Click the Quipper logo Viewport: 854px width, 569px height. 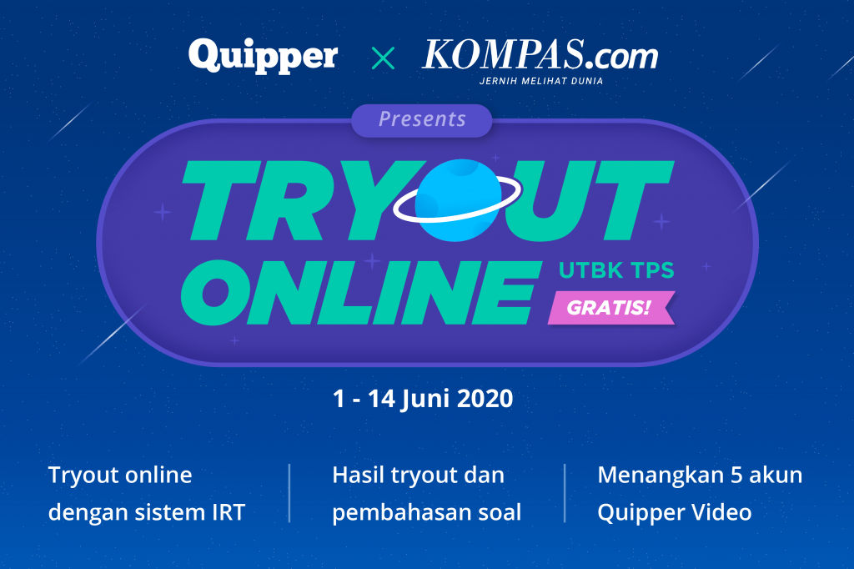pyautogui.click(x=263, y=56)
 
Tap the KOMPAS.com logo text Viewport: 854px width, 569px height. pyautogui.click(x=540, y=54)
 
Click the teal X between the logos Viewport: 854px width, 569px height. pyautogui.click(x=383, y=58)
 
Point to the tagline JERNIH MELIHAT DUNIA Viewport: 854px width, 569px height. pyautogui.click(x=540, y=81)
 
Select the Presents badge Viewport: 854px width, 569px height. pyautogui.click(x=421, y=120)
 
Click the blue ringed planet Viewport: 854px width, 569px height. pyautogui.click(x=458, y=199)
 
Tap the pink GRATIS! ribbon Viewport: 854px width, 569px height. pyautogui.click(x=611, y=308)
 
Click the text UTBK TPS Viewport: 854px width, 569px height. pyautogui.click(x=616, y=270)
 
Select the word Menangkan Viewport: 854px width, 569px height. pyautogui.click(x=661, y=476)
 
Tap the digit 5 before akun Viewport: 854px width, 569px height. pyautogui.click(x=736, y=476)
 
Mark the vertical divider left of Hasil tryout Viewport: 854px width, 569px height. pyautogui.click(x=289, y=493)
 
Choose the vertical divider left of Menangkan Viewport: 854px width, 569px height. pyautogui.click(x=565, y=493)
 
